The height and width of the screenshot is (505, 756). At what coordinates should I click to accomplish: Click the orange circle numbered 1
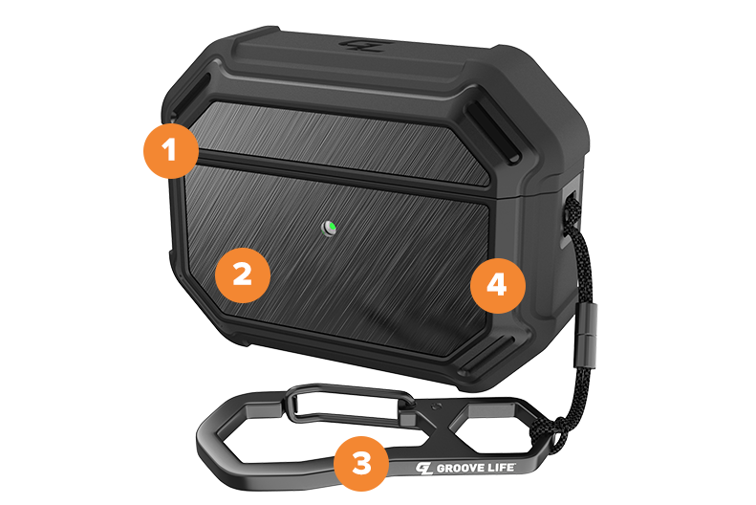click(171, 150)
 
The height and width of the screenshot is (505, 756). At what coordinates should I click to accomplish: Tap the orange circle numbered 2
click(242, 274)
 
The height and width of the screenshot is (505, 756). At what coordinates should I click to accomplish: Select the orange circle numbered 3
click(361, 464)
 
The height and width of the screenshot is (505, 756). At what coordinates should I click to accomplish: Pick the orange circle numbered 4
click(498, 285)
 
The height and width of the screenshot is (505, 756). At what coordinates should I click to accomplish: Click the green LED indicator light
click(330, 228)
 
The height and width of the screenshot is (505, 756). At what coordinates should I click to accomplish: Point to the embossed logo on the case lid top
click(362, 45)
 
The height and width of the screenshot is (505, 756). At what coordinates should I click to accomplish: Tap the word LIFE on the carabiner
click(501, 467)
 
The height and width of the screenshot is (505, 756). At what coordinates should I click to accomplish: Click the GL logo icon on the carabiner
click(424, 469)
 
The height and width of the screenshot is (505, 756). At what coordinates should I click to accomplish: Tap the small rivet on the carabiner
click(438, 406)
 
